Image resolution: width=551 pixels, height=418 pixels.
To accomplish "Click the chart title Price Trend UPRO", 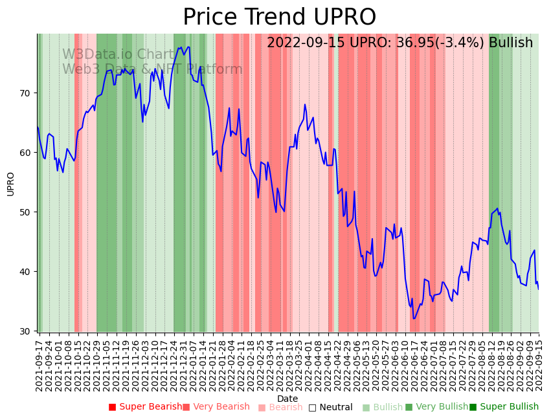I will click(x=279, y=17).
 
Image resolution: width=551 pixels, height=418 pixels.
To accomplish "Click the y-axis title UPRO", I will click(x=10, y=184).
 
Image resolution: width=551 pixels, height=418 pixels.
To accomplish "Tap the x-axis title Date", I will click(x=287, y=399).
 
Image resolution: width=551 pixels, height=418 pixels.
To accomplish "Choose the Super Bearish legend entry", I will click(x=145, y=407).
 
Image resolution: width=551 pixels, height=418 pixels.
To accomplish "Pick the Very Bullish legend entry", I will click(x=436, y=407).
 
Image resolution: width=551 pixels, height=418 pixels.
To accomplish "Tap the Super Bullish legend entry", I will click(x=504, y=407).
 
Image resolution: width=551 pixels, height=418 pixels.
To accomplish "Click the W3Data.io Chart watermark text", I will click(x=118, y=54).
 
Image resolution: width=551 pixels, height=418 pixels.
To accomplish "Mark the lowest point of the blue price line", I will click(x=414, y=318).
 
